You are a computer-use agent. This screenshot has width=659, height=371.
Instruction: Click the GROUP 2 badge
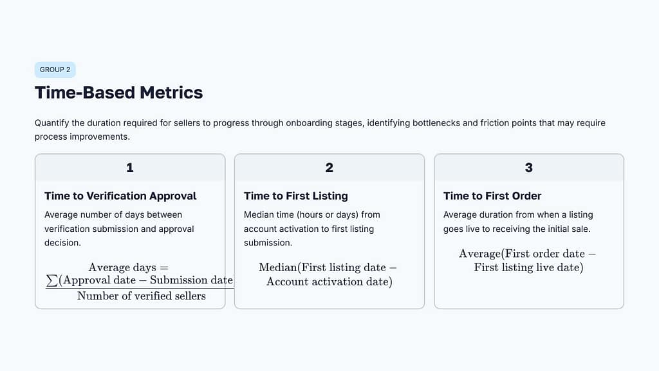pos(55,70)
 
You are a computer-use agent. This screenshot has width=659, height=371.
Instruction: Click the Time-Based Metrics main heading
pos(118,93)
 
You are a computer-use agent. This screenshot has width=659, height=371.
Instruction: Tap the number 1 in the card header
pos(130,167)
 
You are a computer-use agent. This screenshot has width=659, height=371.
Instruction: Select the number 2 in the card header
pos(329,167)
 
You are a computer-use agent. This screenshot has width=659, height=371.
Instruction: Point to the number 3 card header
pos(529,167)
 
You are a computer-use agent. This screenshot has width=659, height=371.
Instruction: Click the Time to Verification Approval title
pos(120,196)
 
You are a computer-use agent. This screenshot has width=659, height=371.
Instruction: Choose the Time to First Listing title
pos(295,196)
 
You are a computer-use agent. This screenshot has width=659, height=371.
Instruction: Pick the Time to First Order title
pos(492,196)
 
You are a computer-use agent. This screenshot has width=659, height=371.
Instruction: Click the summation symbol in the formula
pos(51,280)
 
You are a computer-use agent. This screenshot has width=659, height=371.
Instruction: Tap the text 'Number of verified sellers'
pos(142,296)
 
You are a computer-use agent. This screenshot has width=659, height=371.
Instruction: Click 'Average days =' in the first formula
pos(128,267)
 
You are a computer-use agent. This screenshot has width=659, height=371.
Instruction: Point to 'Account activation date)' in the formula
pos(329,281)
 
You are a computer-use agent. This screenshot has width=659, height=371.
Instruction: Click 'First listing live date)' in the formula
pos(528,267)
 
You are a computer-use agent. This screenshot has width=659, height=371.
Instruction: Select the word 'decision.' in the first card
pos(62,243)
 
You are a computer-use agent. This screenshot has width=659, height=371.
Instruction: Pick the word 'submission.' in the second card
pos(268,243)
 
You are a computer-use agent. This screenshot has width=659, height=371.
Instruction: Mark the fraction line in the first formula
pos(139,288)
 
